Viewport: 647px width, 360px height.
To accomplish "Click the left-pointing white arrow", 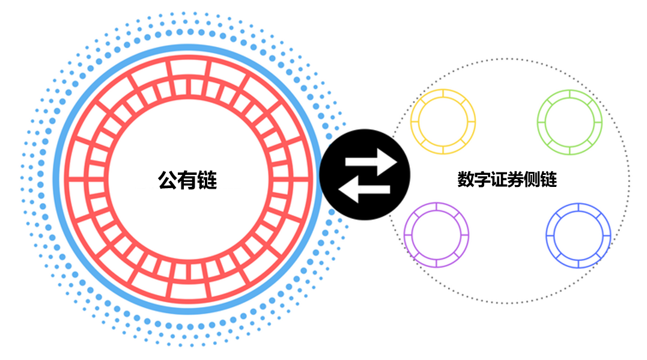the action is click(364, 189).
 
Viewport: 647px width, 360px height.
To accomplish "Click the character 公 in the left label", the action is click(168, 180).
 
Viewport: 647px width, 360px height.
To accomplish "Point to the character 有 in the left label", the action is click(187, 180).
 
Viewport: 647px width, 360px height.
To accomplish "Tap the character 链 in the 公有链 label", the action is click(207, 180).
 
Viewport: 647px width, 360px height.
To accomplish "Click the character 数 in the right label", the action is click(466, 180).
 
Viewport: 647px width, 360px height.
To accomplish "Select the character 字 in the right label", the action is click(482, 180).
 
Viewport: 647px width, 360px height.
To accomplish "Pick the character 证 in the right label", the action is click(499, 180).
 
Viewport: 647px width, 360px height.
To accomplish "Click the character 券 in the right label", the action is click(515, 180).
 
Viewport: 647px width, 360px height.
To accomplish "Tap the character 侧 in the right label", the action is click(532, 180).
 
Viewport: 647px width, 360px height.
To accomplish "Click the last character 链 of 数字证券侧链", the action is click(548, 180).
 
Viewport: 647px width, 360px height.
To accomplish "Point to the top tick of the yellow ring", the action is click(443, 94).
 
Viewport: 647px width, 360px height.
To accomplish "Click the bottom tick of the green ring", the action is click(570, 151).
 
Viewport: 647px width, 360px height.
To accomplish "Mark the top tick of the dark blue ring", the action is click(578, 207).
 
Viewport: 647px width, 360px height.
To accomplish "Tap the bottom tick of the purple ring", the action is click(436, 263).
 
